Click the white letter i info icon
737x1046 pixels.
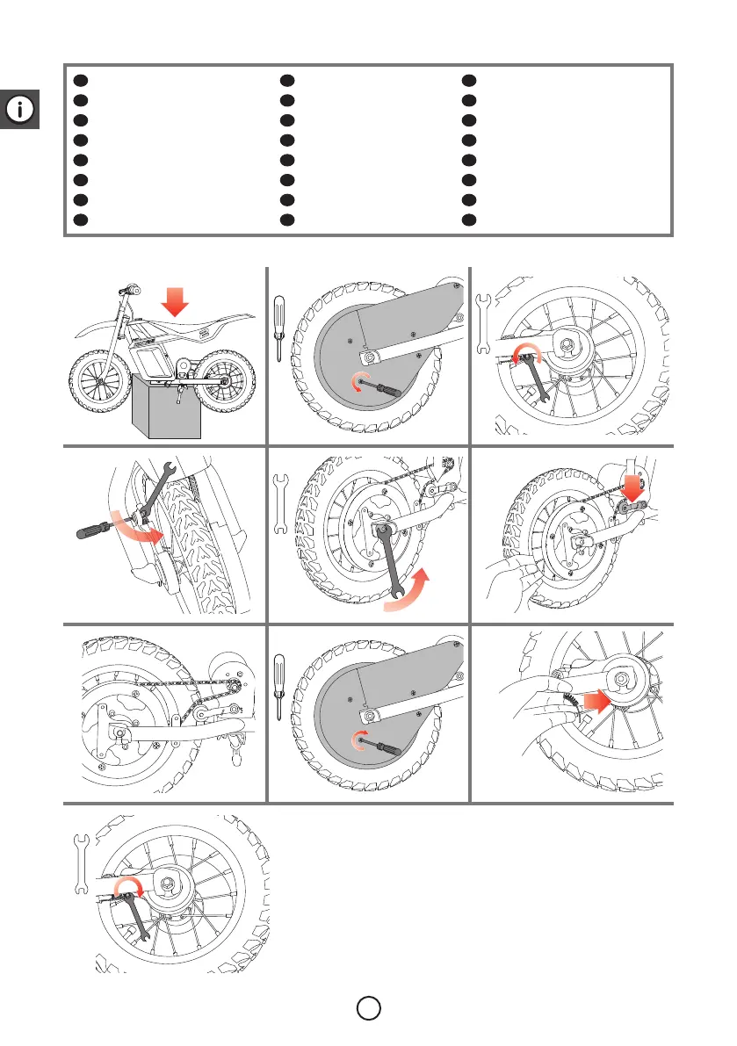click(19, 110)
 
